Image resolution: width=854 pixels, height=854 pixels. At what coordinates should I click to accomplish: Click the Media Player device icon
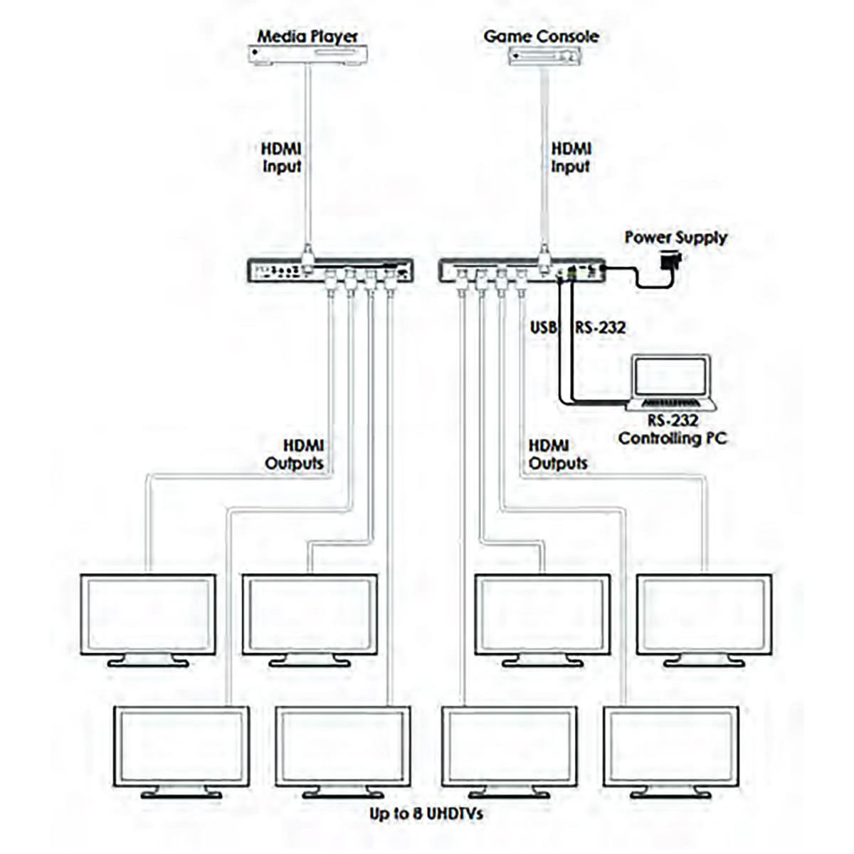pyautogui.click(x=307, y=54)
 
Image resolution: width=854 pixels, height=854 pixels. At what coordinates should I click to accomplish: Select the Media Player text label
pyautogui.click(x=307, y=36)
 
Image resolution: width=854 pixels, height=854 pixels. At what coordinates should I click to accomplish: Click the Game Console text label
pyautogui.click(x=541, y=36)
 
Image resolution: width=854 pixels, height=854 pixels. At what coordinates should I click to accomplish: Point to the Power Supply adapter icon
pyautogui.click(x=670, y=261)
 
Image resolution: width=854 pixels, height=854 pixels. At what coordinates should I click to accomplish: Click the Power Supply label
pyautogui.click(x=675, y=237)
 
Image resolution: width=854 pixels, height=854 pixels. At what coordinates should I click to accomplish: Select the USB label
pyautogui.click(x=542, y=327)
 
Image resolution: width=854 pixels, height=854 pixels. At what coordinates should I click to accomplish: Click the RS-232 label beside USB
pyautogui.click(x=601, y=327)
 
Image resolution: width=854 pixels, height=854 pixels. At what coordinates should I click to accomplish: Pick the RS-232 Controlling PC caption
pyautogui.click(x=673, y=429)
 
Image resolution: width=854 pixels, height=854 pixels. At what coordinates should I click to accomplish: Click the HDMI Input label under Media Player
pyautogui.click(x=282, y=157)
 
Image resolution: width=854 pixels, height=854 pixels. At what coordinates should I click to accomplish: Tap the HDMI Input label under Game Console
pyautogui.click(x=571, y=157)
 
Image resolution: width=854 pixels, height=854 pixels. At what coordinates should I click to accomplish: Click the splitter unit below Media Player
pyautogui.click(x=331, y=270)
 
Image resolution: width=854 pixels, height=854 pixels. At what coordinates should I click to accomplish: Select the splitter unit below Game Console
pyautogui.click(x=522, y=270)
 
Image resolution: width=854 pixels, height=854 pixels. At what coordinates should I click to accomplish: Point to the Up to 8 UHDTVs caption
pyautogui.click(x=426, y=813)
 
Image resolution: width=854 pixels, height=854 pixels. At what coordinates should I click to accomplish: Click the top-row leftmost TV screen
pyautogui.click(x=148, y=614)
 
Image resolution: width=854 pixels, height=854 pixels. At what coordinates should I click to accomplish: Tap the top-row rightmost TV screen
pyautogui.click(x=704, y=614)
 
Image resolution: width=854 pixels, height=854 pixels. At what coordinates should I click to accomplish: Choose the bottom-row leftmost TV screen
pyautogui.click(x=181, y=746)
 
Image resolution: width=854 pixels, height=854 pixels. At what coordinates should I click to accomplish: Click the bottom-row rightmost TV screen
pyautogui.click(x=670, y=746)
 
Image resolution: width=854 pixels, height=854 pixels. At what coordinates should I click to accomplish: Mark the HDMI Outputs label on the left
pyautogui.click(x=295, y=454)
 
